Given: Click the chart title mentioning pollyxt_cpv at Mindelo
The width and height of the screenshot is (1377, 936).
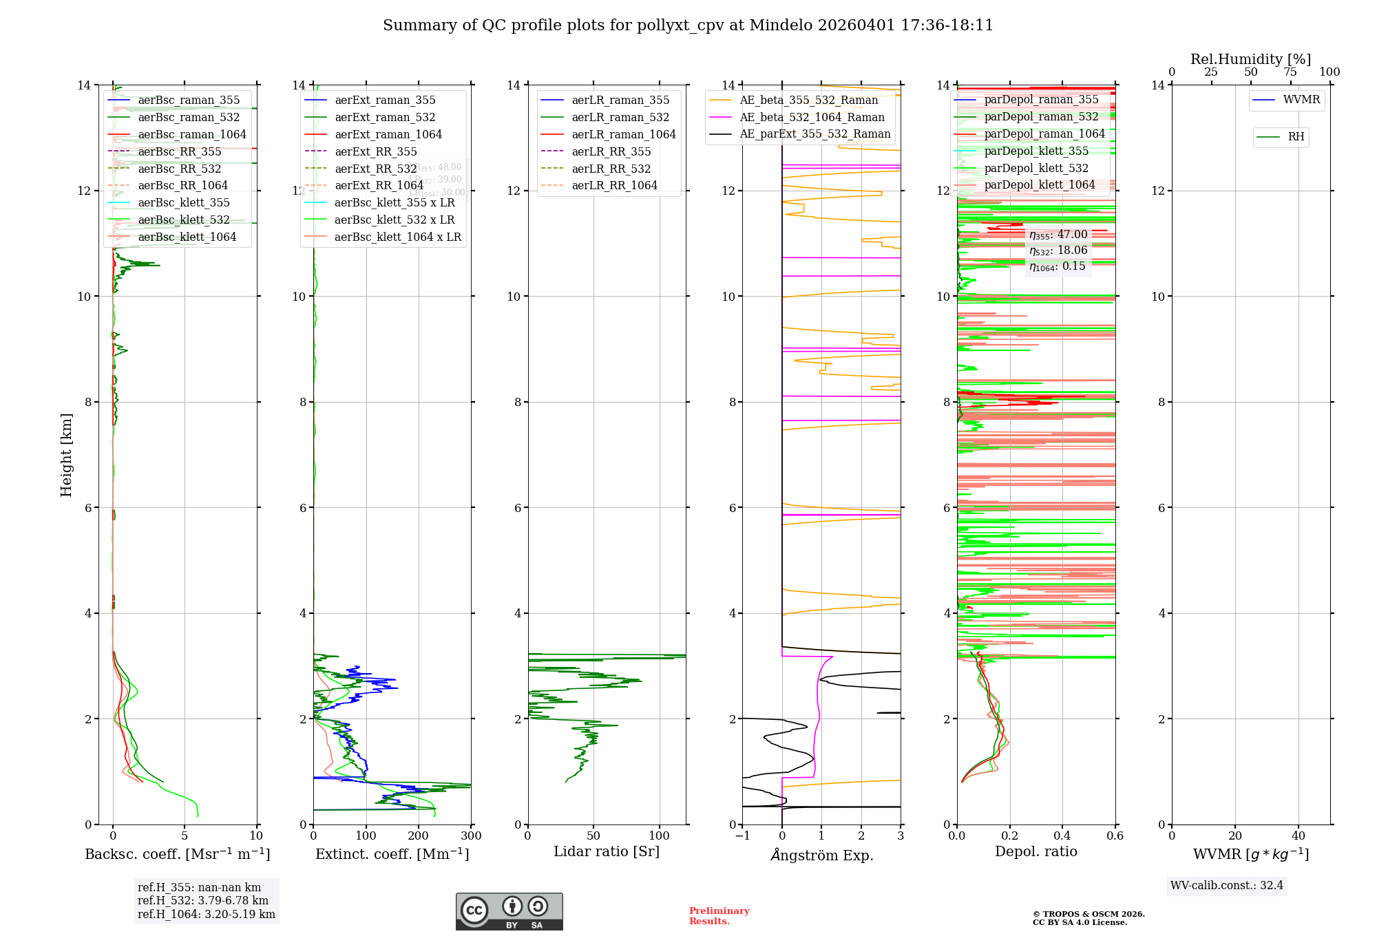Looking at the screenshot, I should tap(688, 25).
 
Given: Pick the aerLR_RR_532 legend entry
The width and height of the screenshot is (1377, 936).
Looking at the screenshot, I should tap(611, 169).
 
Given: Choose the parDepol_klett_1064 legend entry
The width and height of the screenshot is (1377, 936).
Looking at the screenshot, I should tap(1039, 185).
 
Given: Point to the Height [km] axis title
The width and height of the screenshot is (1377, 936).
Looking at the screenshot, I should tap(66, 454).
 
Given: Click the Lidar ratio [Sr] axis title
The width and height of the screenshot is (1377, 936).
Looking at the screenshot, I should tap(607, 852).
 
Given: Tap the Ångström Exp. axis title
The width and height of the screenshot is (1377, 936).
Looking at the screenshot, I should tap(821, 855).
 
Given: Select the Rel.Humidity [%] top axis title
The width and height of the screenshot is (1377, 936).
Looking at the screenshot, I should tap(1250, 59).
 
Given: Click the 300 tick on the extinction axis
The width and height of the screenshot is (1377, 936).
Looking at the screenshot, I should tap(471, 836).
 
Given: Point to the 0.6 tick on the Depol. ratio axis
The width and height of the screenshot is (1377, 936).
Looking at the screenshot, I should tap(1115, 836).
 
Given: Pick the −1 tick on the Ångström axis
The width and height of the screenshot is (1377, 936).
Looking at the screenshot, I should tap(742, 836).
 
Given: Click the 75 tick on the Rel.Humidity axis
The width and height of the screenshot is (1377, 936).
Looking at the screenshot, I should tap(1290, 72).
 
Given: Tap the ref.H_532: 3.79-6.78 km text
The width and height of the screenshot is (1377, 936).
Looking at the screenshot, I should tap(203, 901).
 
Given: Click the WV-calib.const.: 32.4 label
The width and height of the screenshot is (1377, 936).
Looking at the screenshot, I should tap(1227, 886).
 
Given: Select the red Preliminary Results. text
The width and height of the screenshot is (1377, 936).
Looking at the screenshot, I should tap(719, 916).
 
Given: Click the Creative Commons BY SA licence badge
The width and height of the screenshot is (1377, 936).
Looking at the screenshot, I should tap(509, 912).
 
